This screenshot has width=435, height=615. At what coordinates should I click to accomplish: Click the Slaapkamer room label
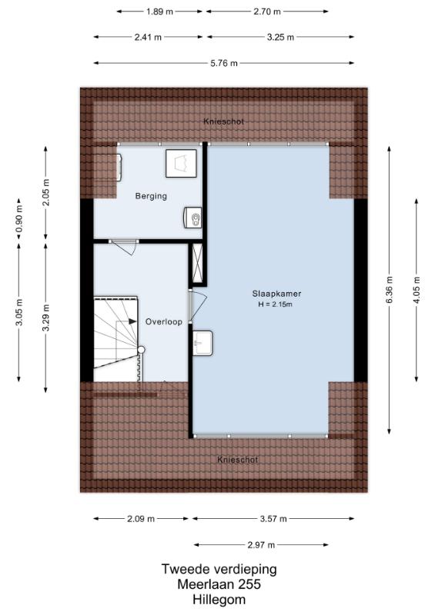[x=276, y=294]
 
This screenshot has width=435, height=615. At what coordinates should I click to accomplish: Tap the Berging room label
[x=151, y=196]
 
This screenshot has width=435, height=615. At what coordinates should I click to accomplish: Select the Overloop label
[x=164, y=321]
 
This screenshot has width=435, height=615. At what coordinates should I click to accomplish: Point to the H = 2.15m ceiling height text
[x=275, y=304]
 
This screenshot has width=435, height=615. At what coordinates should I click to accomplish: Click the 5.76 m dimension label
[x=224, y=63]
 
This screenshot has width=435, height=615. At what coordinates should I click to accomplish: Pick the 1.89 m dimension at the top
[x=159, y=12]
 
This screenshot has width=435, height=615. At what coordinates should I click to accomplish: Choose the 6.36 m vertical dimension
[x=389, y=290]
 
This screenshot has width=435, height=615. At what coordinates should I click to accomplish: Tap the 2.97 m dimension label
[x=261, y=545]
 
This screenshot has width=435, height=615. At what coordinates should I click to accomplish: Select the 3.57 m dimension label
[x=273, y=519]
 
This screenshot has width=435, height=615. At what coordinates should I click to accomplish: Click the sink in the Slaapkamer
[x=202, y=343]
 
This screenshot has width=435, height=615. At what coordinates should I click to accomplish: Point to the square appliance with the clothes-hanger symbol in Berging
[x=181, y=163]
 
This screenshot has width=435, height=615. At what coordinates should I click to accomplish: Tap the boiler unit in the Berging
[x=193, y=218]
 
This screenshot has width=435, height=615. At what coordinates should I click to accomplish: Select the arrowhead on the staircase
[x=133, y=321]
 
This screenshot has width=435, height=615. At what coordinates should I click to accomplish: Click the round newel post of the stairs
[x=141, y=350]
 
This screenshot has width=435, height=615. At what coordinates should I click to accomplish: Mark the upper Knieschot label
[x=223, y=121]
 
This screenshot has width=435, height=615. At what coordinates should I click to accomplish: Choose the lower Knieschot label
[x=238, y=460]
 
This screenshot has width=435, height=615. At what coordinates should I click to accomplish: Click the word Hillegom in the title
[x=219, y=600]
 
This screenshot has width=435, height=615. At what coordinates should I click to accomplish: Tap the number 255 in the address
[x=249, y=584]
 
